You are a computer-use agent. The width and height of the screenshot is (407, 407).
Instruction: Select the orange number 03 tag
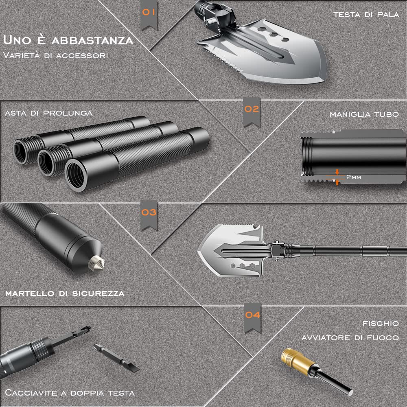coord(149,215)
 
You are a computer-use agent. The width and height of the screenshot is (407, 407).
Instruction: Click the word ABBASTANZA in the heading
coord(92,40)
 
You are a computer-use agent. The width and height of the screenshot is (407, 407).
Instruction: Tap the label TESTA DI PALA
coord(366,15)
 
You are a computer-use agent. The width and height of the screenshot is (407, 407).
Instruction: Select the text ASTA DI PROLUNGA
coord(49,113)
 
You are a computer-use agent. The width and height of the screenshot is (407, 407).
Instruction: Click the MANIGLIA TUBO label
coord(364,114)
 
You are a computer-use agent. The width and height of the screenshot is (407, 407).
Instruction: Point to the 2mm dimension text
coord(354,177)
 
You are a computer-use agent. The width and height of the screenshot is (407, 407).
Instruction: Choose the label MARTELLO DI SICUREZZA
coord(65,293)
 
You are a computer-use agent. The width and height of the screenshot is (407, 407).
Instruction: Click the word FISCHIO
coord(381,324)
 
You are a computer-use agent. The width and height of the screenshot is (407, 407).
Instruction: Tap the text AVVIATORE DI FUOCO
coord(350,338)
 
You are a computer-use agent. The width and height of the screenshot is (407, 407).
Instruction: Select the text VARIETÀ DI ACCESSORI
coord(55,55)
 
